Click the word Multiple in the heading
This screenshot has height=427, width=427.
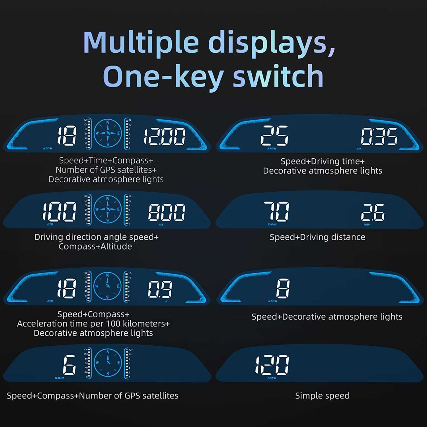(x=141, y=42)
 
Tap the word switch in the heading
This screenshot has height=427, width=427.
(x=278, y=76)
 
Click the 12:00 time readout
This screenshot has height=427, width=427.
(x=164, y=136)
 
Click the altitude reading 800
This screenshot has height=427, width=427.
(x=167, y=212)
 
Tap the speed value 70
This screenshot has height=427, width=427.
(x=276, y=211)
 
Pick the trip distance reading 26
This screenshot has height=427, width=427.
(x=373, y=212)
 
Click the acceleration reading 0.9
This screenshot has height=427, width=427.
(x=160, y=289)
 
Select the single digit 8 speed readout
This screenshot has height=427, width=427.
(x=283, y=288)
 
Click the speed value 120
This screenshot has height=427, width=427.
(x=272, y=365)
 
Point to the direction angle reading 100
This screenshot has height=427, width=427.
(x=59, y=212)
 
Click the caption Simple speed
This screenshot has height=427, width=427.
(x=322, y=396)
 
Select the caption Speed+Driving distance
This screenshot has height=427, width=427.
(x=317, y=237)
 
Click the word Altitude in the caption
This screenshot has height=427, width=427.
(x=116, y=247)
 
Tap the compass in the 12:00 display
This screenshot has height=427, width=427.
(x=108, y=133)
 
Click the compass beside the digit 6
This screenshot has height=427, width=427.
(x=108, y=363)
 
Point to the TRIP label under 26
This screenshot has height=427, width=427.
(x=366, y=225)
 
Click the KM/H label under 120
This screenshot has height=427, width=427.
(x=272, y=378)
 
